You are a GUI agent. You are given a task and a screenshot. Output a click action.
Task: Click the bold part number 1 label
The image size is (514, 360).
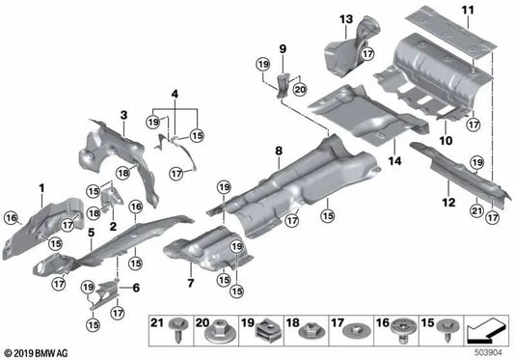(x=41, y=184)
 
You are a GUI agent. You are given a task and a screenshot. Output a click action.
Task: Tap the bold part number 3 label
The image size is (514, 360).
(x=123, y=115)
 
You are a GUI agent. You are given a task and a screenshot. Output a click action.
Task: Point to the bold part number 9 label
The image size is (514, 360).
(x=284, y=47)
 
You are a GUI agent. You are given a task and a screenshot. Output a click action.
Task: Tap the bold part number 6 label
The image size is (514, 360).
(x=135, y=288)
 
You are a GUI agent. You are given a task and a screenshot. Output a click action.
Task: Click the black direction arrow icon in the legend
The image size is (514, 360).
(x=487, y=332)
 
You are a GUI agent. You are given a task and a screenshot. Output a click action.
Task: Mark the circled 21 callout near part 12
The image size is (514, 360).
(x=475, y=209)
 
